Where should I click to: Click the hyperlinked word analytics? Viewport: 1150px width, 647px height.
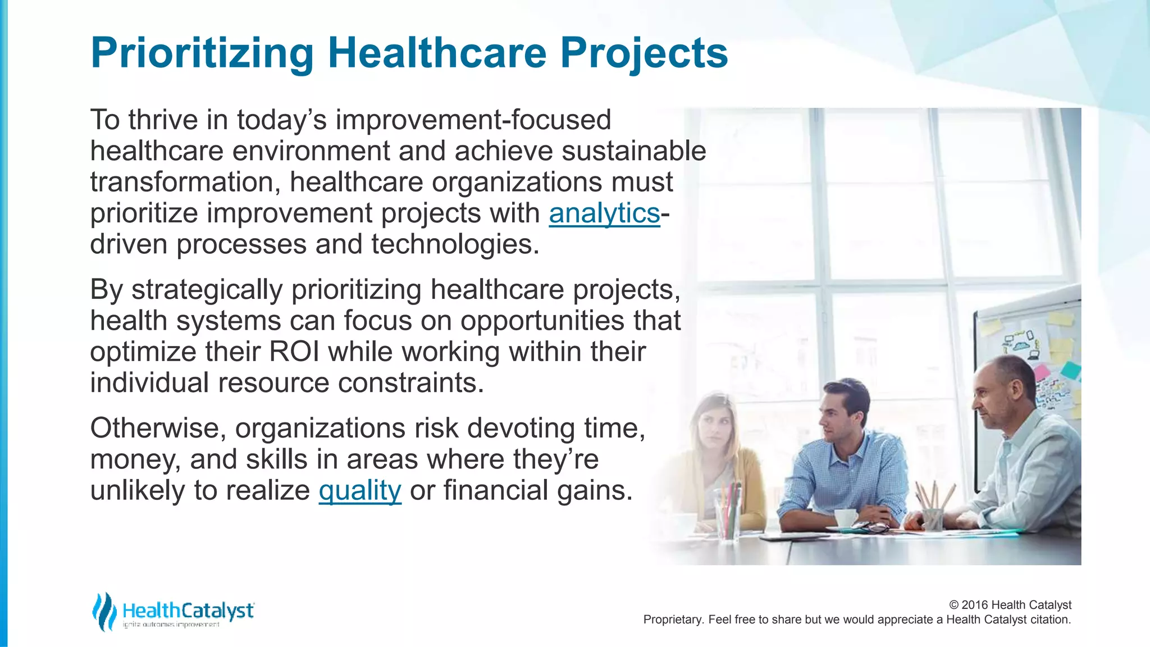pos(604,213)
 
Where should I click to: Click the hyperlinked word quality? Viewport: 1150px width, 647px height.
pos(360,490)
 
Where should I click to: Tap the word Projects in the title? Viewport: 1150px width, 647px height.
pos(644,53)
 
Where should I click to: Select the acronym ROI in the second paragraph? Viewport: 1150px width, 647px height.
pos(294,352)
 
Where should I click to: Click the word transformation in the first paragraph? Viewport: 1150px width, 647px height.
pos(185,183)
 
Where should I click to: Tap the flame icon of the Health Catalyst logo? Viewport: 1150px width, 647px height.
pos(104,611)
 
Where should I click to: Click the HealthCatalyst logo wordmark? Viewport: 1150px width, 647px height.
pos(188,610)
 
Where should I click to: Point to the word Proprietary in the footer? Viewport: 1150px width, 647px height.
pos(672,619)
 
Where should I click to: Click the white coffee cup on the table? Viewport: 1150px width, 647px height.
pos(845,518)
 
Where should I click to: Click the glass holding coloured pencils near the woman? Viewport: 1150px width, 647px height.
pos(727,516)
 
